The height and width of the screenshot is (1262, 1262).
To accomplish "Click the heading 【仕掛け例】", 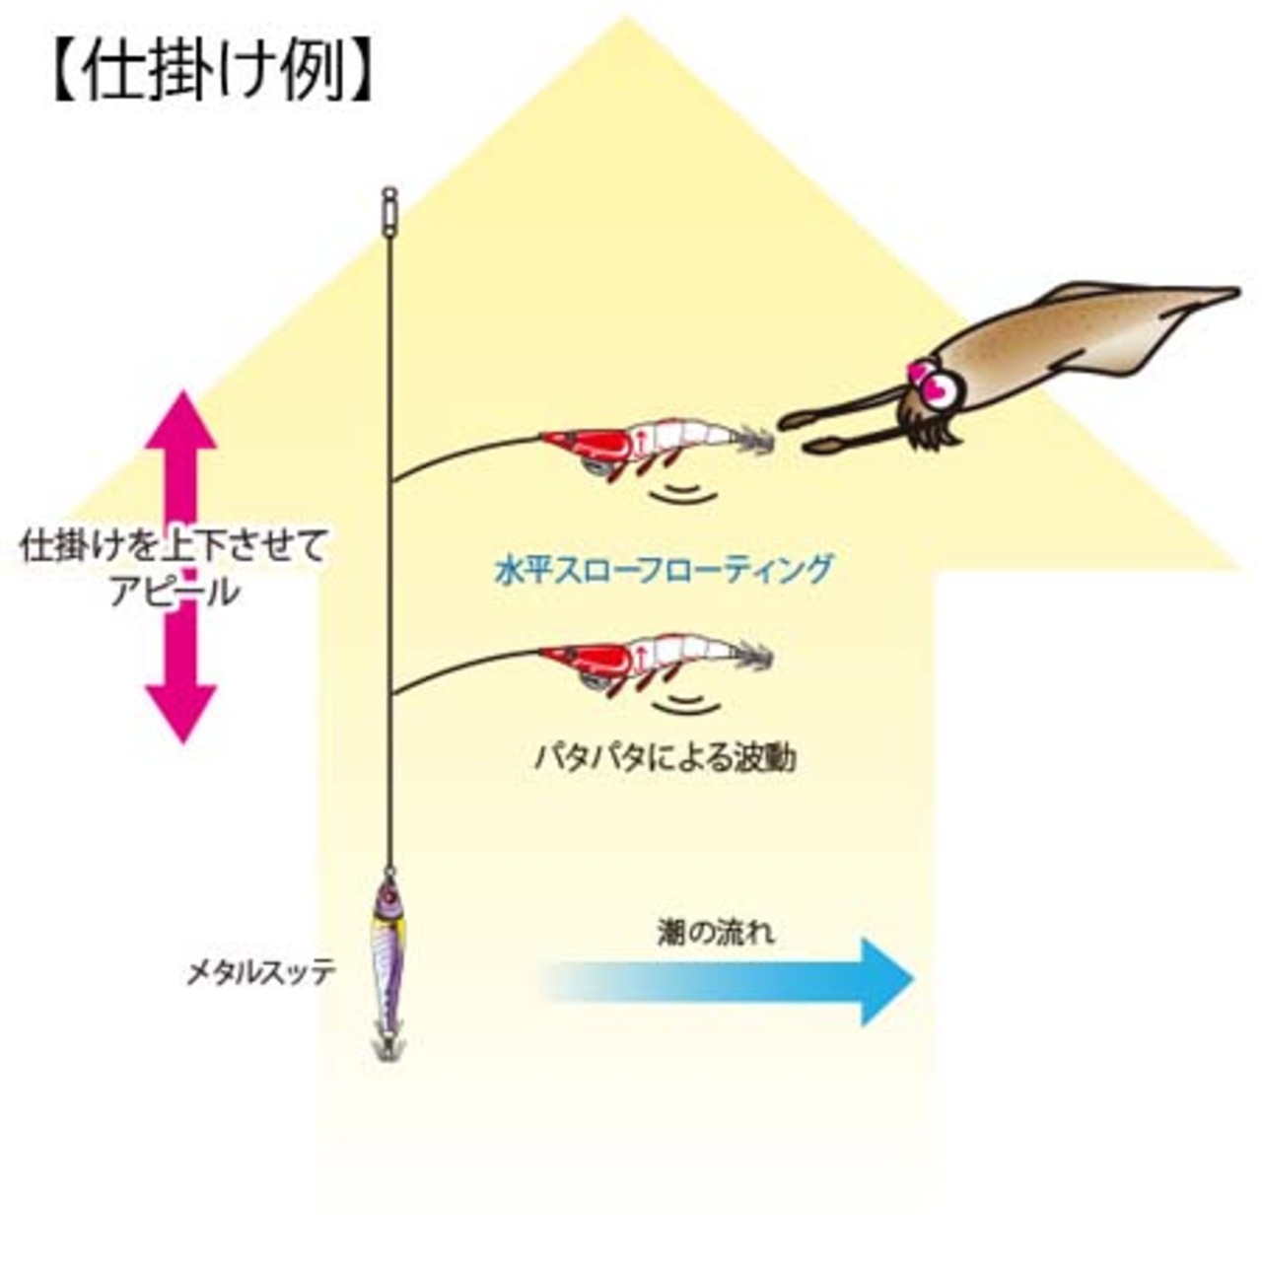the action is (210, 72).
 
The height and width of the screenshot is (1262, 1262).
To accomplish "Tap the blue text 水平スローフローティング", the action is (664, 570).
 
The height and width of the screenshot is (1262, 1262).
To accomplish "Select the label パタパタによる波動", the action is (666, 757).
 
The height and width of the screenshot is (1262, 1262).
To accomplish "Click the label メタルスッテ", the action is (261, 973).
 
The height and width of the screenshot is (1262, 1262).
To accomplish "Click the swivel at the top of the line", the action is (390, 207).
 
